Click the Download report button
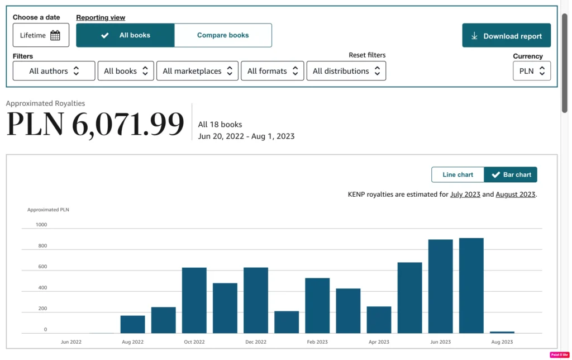pos(506,35)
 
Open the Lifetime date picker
pos(41,35)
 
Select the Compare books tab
pos(223,35)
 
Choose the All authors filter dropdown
pos(54,71)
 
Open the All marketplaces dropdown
pos(197,71)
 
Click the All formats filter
pos(273,71)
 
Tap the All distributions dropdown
pos(346,71)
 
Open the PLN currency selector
pos(532,71)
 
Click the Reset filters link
pos(367,55)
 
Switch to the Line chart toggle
pos(458,174)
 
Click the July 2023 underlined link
pos(465,194)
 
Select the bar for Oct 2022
pos(194,301)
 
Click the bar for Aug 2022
pos(133,324)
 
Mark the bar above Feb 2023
pos(317,306)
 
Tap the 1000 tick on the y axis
pos(41,225)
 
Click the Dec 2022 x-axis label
pos(256,342)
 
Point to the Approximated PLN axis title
pos(48,210)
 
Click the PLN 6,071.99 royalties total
pos(95,124)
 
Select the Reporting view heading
pos(101,17)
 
